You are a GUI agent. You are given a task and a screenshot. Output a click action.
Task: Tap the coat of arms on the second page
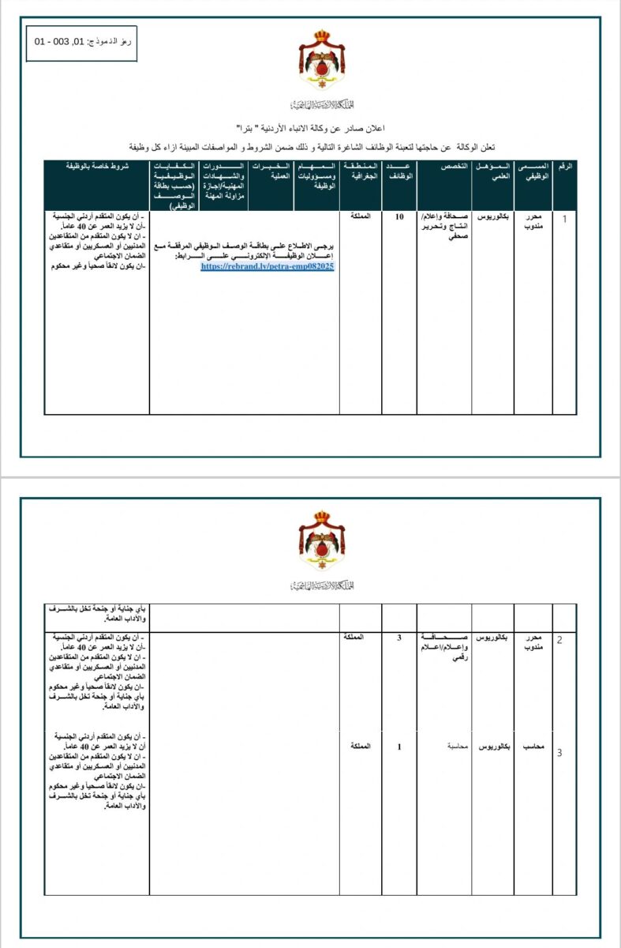tap(321, 541)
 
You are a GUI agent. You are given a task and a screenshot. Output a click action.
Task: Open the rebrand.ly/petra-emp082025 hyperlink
tap(268, 267)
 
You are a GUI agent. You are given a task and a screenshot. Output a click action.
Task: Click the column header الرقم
tap(565, 168)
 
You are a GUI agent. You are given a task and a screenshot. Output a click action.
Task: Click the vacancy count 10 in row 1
tap(399, 216)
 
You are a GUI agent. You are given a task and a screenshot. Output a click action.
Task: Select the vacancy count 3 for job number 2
tap(399, 638)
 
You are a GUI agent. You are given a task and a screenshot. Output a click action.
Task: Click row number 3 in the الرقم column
tap(559, 753)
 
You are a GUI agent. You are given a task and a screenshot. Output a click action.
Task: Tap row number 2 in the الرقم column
tap(559, 639)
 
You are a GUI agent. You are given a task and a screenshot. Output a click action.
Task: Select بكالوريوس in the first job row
tap(494, 216)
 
